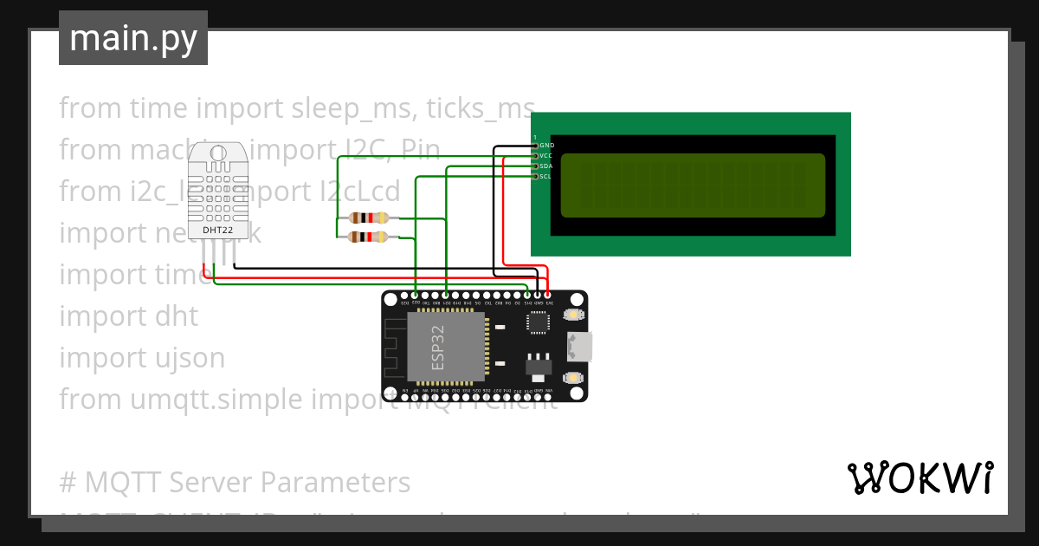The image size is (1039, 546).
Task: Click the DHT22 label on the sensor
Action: point(218,230)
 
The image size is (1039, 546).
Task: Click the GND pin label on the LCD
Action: point(546,145)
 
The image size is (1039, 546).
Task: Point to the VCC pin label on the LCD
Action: point(546,155)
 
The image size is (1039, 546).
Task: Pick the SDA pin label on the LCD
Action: point(546,166)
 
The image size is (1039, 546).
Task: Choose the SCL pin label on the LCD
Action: point(546,176)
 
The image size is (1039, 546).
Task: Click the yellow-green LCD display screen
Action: point(693,185)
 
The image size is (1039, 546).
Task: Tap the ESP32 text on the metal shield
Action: point(439,347)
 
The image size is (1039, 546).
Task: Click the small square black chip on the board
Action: point(538,322)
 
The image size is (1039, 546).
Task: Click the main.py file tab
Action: point(133,38)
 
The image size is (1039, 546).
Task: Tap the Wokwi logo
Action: point(920,478)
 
